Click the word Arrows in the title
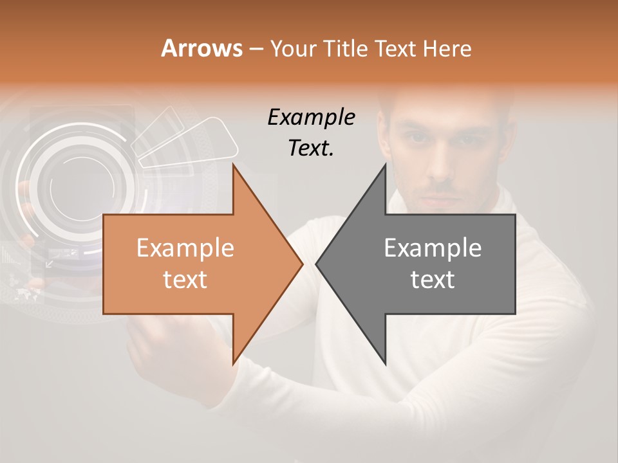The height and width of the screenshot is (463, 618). pyautogui.click(x=202, y=48)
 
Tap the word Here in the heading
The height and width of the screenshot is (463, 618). pyautogui.click(x=447, y=48)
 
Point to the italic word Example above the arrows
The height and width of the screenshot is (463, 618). pyautogui.click(x=311, y=118)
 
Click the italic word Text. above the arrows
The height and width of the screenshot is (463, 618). pyautogui.click(x=311, y=148)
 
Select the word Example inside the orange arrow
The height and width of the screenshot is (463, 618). pyautogui.click(x=185, y=248)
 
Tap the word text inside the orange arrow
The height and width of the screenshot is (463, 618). pyautogui.click(x=185, y=280)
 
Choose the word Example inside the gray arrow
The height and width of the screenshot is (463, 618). pyautogui.click(x=433, y=248)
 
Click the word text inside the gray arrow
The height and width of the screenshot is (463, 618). pyautogui.click(x=433, y=280)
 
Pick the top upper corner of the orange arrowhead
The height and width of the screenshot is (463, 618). pyautogui.click(x=233, y=165)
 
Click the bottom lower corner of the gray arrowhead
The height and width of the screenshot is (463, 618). pyautogui.click(x=385, y=363)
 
